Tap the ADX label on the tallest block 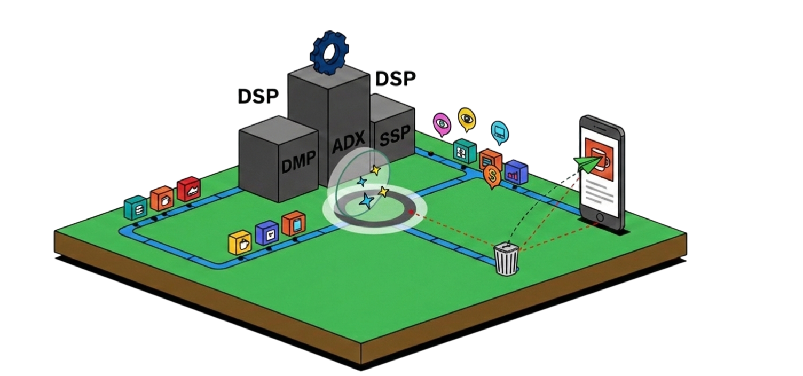[x=348, y=144]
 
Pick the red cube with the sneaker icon [x=188, y=190]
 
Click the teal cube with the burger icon [x=136, y=208]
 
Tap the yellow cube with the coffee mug [x=240, y=243]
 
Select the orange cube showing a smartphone [x=293, y=224]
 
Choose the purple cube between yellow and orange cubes [x=267, y=233]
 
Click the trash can [x=506, y=259]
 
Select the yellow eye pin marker [x=467, y=119]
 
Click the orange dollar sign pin [x=492, y=176]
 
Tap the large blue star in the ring [x=367, y=201]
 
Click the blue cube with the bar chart [x=516, y=173]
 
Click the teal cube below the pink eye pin [x=465, y=151]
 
